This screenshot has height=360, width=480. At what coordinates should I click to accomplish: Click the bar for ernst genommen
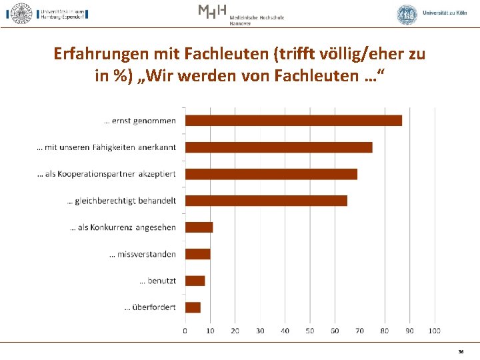tap(293, 121)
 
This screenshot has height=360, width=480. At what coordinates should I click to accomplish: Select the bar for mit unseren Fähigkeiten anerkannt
tap(279, 147)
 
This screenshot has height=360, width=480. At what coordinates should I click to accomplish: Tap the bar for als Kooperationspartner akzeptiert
tap(271, 174)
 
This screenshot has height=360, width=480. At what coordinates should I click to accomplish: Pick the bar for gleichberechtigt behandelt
tap(266, 201)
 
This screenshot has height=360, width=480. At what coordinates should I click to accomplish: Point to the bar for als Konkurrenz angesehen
tap(199, 227)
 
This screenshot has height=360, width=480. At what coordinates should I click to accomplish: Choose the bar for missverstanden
tap(197, 254)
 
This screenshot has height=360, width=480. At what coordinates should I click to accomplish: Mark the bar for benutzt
tap(195, 281)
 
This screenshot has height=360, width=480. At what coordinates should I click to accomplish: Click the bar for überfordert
tap(193, 307)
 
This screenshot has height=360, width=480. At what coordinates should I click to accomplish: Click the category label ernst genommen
tap(140, 121)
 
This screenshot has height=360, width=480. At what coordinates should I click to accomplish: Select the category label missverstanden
tap(143, 254)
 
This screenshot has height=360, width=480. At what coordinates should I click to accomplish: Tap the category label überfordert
tap(150, 307)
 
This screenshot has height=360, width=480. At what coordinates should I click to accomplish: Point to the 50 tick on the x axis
tap(310, 331)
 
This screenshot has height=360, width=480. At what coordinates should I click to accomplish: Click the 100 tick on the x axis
tap(435, 331)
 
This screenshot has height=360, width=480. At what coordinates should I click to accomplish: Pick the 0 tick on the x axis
tap(185, 331)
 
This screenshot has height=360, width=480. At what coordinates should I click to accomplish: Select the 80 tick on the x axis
tap(385, 331)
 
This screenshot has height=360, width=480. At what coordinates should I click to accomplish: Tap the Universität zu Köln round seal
tap(407, 15)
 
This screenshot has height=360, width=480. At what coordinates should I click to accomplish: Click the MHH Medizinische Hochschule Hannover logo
tap(241, 14)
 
